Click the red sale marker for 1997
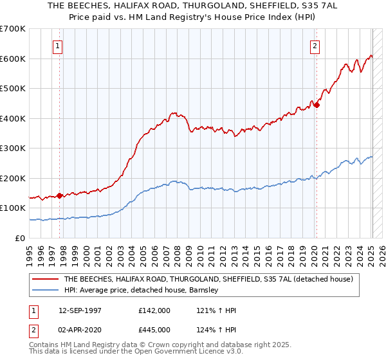tap(59, 195)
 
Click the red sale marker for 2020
tap(317, 105)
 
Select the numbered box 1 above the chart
tap(58, 46)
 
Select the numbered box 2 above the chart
tap(315, 46)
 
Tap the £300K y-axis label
tap(13, 148)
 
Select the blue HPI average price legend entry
tap(142, 291)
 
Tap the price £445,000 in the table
tap(154, 329)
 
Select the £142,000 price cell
tap(154, 310)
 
